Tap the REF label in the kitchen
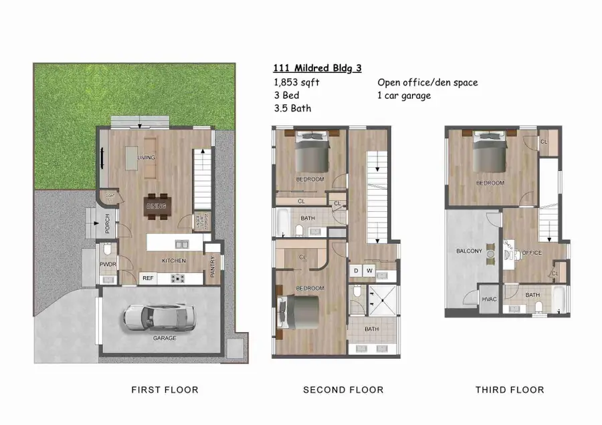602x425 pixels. pyautogui.click(x=148, y=278)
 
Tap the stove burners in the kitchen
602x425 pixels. pyautogui.click(x=179, y=278)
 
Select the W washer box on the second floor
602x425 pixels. pyautogui.click(x=369, y=271)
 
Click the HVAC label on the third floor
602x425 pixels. pyautogui.click(x=489, y=299)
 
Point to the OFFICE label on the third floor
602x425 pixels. pyautogui.click(x=532, y=253)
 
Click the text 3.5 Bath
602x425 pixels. pyautogui.click(x=292, y=108)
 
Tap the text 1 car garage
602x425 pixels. pyautogui.click(x=404, y=96)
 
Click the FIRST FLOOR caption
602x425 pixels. pyautogui.click(x=165, y=390)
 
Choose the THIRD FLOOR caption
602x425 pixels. pyautogui.click(x=510, y=390)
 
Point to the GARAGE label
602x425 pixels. pyautogui.click(x=165, y=338)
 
